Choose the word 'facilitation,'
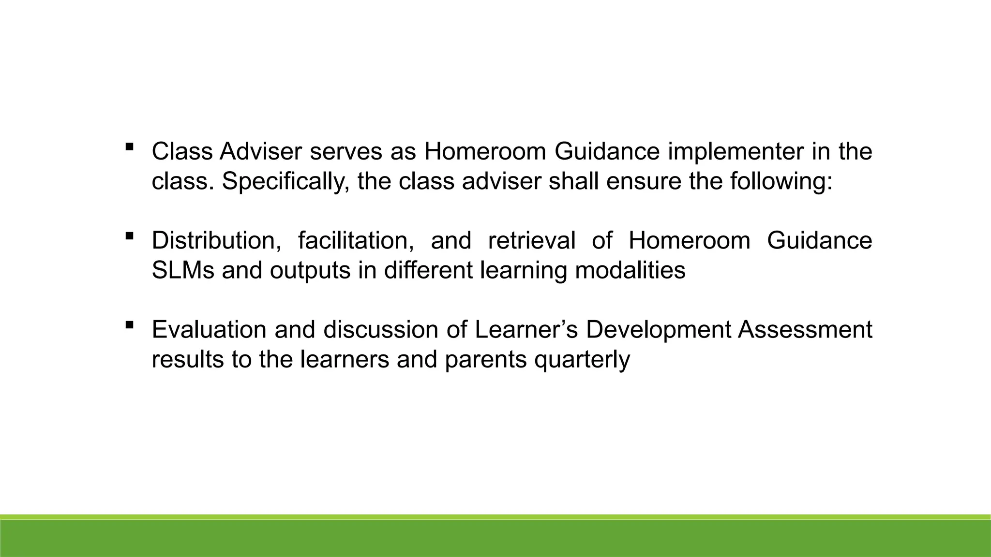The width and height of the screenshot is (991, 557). point(356,241)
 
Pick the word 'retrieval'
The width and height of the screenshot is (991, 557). point(532,241)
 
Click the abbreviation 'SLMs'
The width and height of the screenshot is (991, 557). point(183,270)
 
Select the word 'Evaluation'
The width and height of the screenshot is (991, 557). point(209,330)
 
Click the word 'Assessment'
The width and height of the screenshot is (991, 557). point(805,330)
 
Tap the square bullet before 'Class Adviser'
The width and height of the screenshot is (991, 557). point(129,147)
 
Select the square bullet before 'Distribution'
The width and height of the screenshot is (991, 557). point(129,236)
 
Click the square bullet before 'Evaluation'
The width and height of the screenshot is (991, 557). point(129,325)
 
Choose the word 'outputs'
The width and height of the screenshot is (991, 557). point(310,270)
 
